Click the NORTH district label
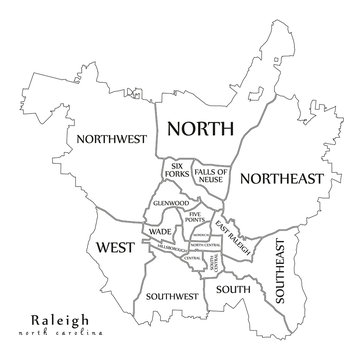[x=200, y=128]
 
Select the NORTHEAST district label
[x=283, y=179]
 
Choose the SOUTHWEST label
[x=169, y=297]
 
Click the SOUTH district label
[x=233, y=290]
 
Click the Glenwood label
[x=171, y=203]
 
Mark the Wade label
[x=159, y=232]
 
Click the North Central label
[x=204, y=245]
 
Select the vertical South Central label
[x=215, y=263]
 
